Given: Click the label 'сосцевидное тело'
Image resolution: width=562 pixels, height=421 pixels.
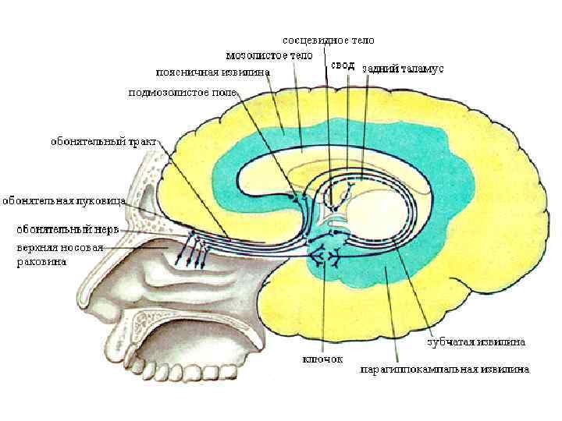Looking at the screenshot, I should (328, 39).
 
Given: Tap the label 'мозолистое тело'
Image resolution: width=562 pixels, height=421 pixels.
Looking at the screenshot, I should (269, 55).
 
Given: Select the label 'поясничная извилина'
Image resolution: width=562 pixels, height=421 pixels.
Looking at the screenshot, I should (213, 73).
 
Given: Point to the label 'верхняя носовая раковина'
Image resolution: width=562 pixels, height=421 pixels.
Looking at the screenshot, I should (55, 254).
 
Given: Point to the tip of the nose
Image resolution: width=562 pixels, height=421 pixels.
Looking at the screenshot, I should (80, 300).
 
